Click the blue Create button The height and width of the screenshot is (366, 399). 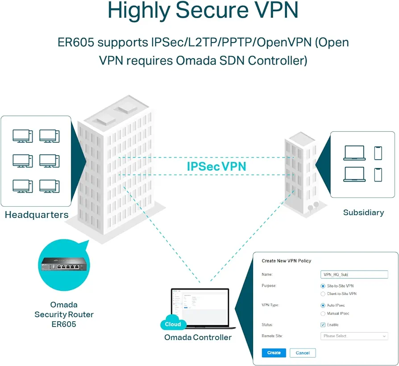274,353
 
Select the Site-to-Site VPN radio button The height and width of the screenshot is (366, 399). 323,286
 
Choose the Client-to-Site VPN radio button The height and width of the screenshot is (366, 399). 323,294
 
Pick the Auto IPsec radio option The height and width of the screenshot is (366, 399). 323,305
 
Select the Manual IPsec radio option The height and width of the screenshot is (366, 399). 323,313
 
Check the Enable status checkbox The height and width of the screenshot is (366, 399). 323,325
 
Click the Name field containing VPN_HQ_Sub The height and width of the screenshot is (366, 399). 354,274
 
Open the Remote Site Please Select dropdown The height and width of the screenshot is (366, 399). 354,336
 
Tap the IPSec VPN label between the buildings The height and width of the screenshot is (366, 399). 216,166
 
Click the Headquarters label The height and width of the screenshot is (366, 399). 37,215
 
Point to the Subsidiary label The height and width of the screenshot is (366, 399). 363,212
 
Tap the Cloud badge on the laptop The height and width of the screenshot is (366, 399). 173,324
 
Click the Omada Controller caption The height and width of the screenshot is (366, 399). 198,337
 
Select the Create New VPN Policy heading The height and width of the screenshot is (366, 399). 286,261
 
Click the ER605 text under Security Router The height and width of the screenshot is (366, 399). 64,324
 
